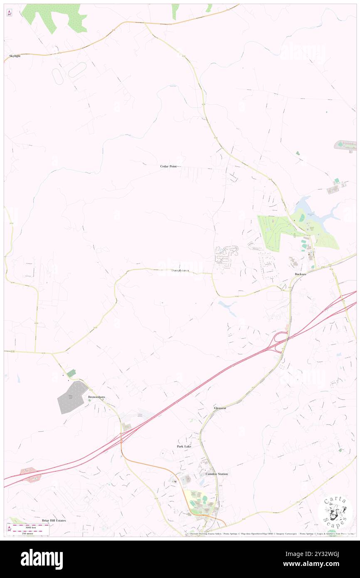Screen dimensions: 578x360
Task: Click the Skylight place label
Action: click(15, 56)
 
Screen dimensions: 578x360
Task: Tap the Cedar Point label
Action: click(168, 166)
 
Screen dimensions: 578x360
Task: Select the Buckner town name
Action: click(301, 274)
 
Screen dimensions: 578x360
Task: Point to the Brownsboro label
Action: click(96, 397)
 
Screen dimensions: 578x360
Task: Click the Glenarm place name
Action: click(220, 408)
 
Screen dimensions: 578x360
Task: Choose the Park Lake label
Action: click(184, 446)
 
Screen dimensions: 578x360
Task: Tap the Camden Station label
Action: click(217, 474)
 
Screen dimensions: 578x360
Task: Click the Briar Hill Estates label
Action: click(54, 520)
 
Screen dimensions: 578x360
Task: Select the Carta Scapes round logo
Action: click(335, 512)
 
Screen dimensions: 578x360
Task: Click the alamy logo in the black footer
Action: click(42, 559)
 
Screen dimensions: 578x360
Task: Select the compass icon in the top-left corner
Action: click(9, 12)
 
